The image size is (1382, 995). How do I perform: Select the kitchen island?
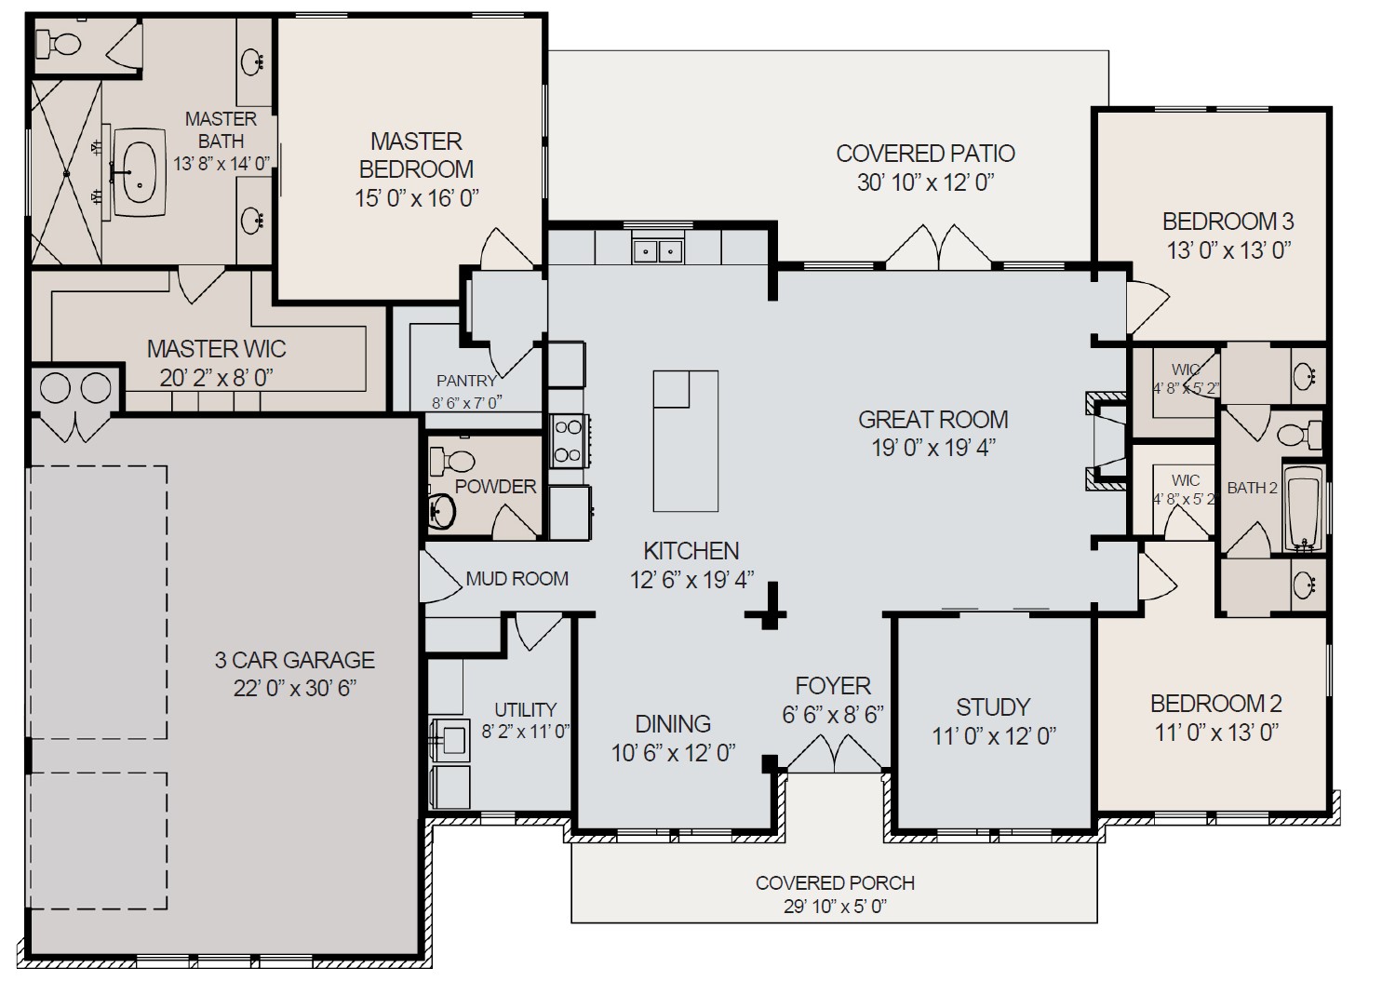685,440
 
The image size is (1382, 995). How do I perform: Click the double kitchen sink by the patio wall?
658,249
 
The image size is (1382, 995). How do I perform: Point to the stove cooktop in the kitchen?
567,440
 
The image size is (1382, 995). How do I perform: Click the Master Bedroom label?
416,155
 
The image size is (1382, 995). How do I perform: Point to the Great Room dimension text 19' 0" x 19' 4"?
933,448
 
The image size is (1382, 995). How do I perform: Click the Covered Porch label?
835,882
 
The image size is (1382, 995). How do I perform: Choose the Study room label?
993,706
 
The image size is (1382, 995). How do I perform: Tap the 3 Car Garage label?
295,660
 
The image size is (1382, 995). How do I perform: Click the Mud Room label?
517,578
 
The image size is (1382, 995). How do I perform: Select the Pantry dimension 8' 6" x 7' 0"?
466,403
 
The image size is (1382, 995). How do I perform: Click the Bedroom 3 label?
1228,222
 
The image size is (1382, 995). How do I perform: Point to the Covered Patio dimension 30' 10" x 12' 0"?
925,182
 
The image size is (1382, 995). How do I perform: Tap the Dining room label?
673,723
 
